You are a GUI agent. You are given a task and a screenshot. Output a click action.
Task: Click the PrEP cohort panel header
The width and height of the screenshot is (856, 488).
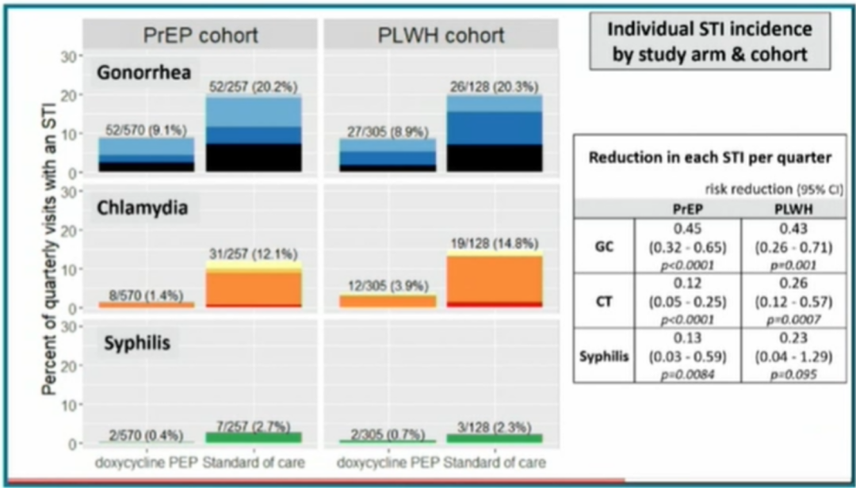click(x=201, y=36)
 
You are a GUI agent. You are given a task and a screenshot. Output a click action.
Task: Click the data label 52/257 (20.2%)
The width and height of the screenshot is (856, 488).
click(x=253, y=87)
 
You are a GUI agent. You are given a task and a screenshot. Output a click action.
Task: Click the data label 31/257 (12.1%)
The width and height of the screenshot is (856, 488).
click(x=253, y=254)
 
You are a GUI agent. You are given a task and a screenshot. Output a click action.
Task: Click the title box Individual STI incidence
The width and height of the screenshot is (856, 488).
click(x=709, y=42)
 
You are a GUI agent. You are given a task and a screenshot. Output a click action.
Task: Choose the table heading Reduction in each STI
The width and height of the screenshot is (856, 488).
click(x=709, y=157)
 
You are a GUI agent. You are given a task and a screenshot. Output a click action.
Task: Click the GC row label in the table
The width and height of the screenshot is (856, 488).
click(x=603, y=246)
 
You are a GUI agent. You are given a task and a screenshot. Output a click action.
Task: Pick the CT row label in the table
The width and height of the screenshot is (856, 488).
click(x=603, y=301)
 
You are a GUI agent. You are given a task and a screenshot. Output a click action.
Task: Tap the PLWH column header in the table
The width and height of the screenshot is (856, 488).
click(x=793, y=208)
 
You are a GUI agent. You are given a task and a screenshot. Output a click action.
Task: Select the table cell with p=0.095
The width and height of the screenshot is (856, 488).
click(x=793, y=373)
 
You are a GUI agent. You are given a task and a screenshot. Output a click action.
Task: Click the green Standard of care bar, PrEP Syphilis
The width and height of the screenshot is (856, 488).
click(x=254, y=437)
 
